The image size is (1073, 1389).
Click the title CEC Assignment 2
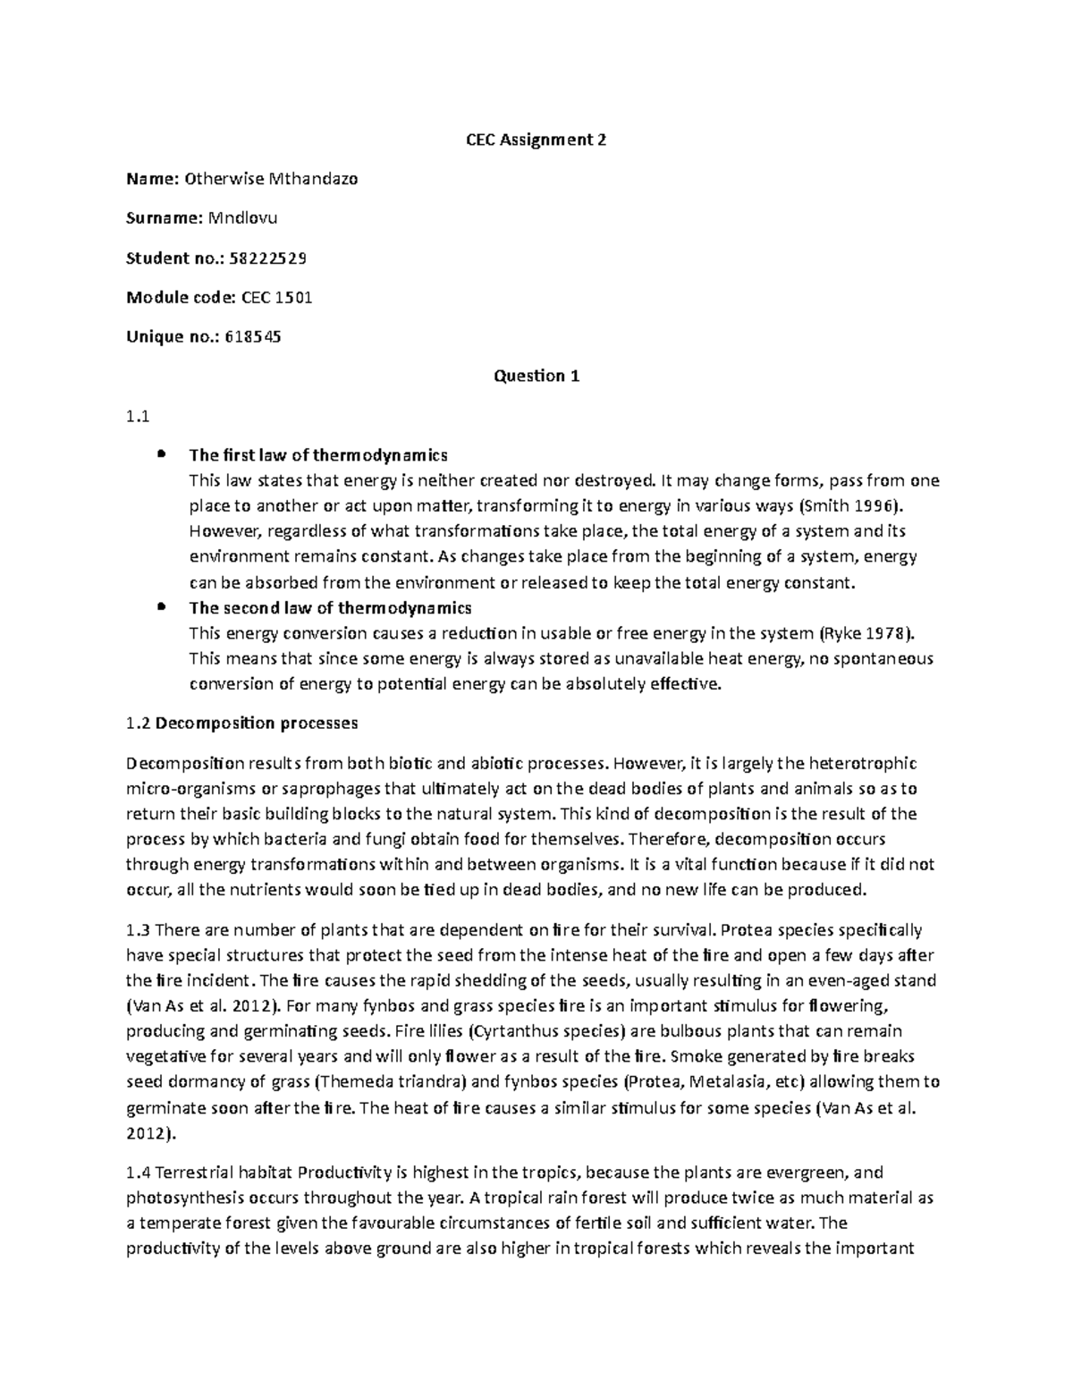coord(536,140)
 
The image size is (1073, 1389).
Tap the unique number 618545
coord(255,336)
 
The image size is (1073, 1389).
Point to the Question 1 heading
coord(536,376)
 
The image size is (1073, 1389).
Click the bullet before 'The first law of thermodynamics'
coord(161,454)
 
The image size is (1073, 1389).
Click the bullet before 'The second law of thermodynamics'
coord(161,607)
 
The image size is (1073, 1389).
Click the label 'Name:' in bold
coord(153,179)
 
